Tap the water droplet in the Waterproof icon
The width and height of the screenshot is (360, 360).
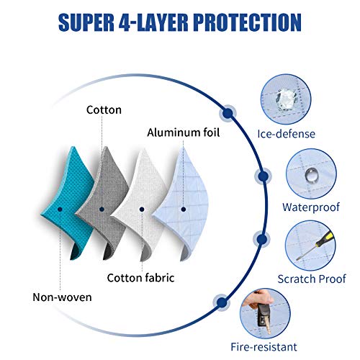tap(310, 175)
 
